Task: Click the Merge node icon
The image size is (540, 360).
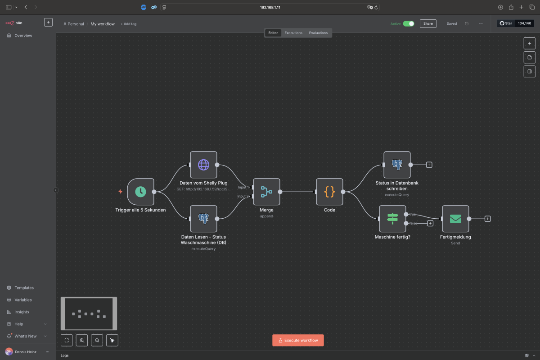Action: pyautogui.click(x=266, y=192)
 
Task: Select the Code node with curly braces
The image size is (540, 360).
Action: pyautogui.click(x=329, y=192)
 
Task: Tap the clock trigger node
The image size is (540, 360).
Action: pyautogui.click(x=140, y=192)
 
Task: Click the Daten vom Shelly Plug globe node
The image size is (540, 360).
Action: pyautogui.click(x=203, y=165)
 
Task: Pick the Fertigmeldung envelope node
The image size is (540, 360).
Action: pyautogui.click(x=455, y=219)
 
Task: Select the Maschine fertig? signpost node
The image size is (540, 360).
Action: pyautogui.click(x=392, y=219)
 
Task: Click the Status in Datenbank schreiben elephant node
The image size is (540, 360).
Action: pyautogui.click(x=397, y=165)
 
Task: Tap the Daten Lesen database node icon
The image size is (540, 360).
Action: pyautogui.click(x=203, y=219)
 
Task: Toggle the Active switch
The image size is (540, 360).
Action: pyautogui.click(x=409, y=24)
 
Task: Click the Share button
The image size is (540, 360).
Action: pyautogui.click(x=428, y=24)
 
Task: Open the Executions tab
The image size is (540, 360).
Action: pyautogui.click(x=293, y=33)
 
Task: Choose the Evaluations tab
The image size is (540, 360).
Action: pyautogui.click(x=318, y=33)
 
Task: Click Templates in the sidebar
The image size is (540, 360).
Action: pyautogui.click(x=24, y=288)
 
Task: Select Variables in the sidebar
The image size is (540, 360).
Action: pyautogui.click(x=23, y=300)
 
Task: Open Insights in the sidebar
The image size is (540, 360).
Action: pyautogui.click(x=22, y=312)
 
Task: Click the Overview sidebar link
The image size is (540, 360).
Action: pyautogui.click(x=23, y=36)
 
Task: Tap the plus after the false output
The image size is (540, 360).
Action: pyautogui.click(x=430, y=223)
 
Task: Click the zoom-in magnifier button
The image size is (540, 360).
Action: pyautogui.click(x=82, y=340)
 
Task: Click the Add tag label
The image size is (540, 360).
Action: pyautogui.click(x=129, y=24)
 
